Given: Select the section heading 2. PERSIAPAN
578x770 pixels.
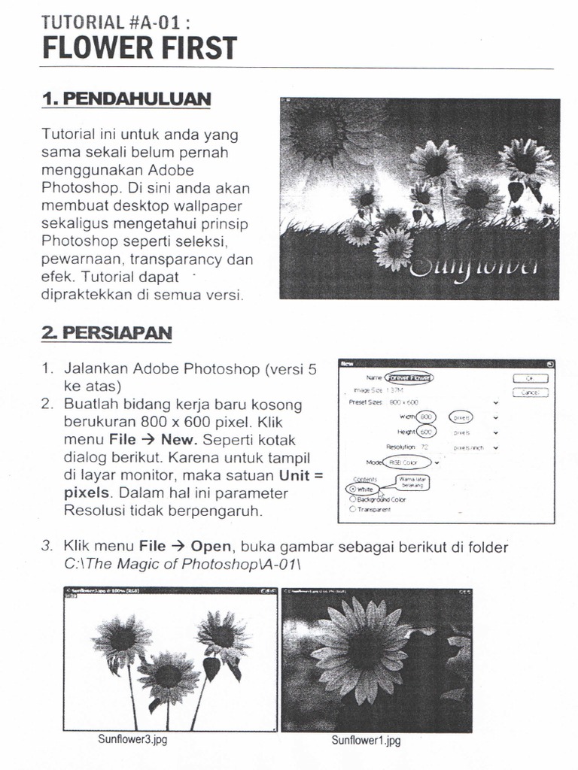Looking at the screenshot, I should (x=107, y=332).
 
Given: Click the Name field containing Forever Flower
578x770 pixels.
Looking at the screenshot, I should (x=409, y=377).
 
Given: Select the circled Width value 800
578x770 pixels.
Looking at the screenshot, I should (x=427, y=417).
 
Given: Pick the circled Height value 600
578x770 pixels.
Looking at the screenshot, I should (x=426, y=432).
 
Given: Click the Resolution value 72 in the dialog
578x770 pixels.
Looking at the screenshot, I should (x=424, y=447).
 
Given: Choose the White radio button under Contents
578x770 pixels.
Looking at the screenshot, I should (x=354, y=489).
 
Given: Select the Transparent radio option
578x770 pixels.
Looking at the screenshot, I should (x=353, y=509).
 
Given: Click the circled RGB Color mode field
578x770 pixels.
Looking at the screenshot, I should (x=406, y=462).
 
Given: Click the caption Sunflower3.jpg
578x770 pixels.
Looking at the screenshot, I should (x=132, y=739).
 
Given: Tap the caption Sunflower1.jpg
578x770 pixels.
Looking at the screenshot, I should (x=366, y=740).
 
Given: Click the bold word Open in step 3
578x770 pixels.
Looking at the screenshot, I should (x=211, y=546).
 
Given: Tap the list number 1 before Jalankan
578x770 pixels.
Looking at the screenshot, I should (x=47, y=369).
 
